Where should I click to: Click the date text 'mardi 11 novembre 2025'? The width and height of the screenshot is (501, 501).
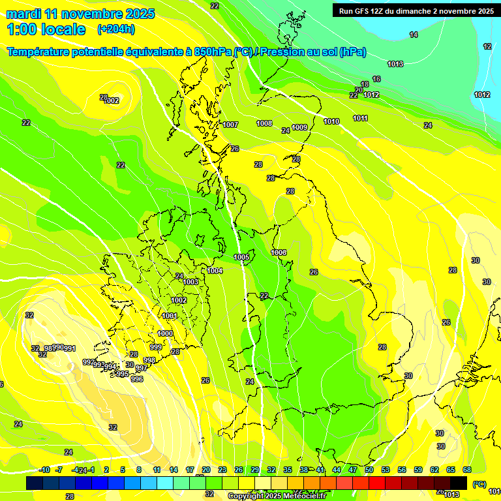click(80, 14)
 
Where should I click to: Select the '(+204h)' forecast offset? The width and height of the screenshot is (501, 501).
click(115, 29)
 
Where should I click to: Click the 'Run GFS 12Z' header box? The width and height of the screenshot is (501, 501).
click(414, 11)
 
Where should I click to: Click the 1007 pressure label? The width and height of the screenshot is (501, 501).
click(230, 125)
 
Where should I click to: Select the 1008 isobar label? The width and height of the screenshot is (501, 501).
click(264, 123)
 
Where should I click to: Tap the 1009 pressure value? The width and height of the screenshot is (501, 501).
click(299, 127)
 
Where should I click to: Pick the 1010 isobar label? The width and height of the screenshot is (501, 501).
click(331, 121)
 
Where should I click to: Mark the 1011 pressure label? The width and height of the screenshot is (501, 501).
click(360, 118)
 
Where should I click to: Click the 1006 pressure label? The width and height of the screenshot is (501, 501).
click(279, 252)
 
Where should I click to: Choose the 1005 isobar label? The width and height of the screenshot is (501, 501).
click(241, 258)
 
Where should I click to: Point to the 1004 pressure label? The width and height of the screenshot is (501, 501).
click(215, 271)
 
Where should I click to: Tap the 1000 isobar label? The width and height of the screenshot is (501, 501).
click(166, 333)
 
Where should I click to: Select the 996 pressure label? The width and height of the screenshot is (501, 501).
click(137, 379)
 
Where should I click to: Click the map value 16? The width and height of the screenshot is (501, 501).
click(376, 79)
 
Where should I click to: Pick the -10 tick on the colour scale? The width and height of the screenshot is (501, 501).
click(44, 470)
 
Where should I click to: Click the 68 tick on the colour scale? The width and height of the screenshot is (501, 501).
click(467, 470)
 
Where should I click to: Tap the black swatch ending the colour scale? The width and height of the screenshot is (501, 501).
click(459, 483)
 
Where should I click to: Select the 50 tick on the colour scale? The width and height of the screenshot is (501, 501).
click(369, 470)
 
